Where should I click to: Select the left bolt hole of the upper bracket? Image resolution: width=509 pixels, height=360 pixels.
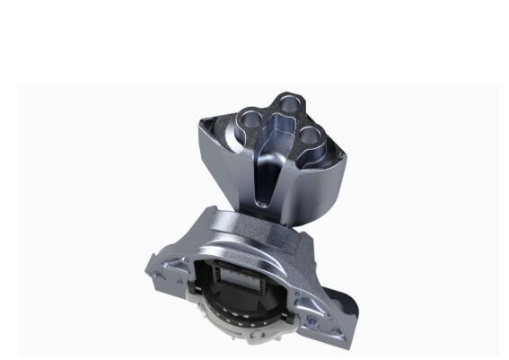248,117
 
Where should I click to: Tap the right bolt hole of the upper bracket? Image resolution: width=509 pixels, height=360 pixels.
310,136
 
